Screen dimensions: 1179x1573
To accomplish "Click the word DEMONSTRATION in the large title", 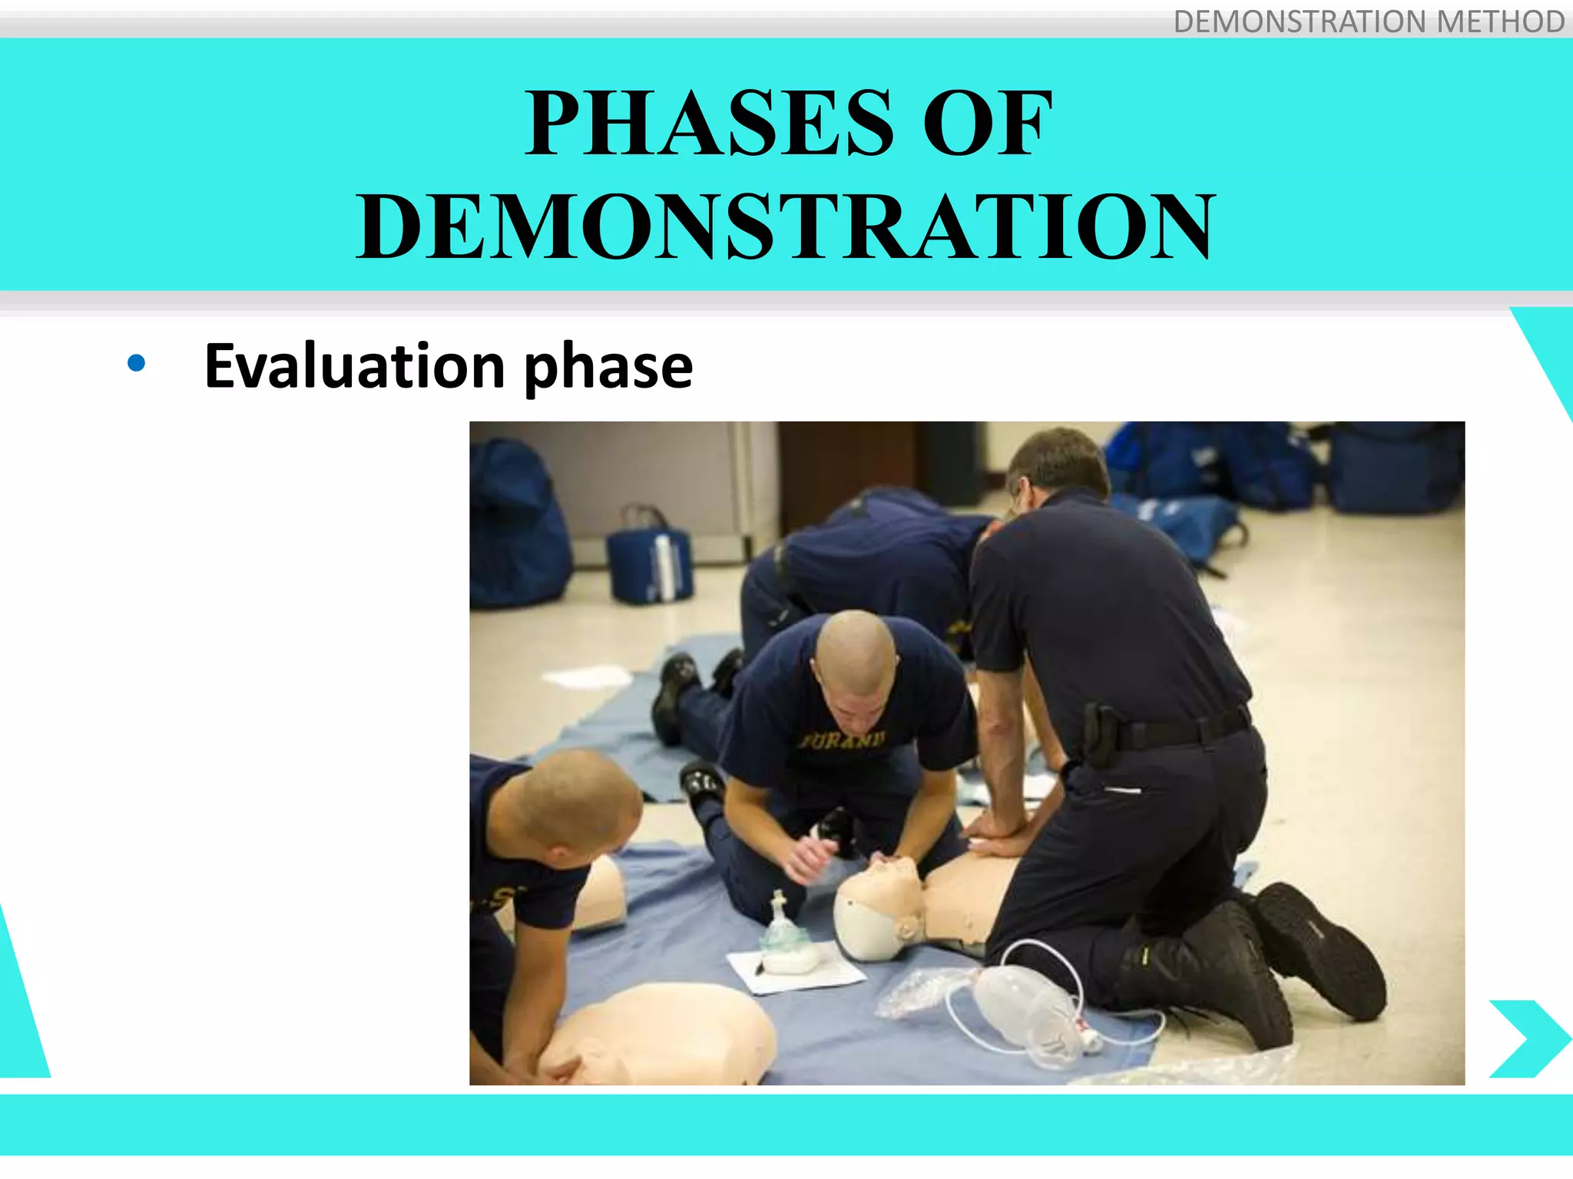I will (x=785, y=226).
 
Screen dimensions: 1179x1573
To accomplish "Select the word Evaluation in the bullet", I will (x=354, y=366).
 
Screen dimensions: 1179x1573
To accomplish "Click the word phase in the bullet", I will (x=608, y=368).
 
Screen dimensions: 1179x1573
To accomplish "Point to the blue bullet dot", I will (x=137, y=364).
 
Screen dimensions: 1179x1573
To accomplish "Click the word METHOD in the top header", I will (x=1500, y=21).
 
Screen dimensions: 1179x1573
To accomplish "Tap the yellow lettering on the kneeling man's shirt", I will (x=843, y=741).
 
